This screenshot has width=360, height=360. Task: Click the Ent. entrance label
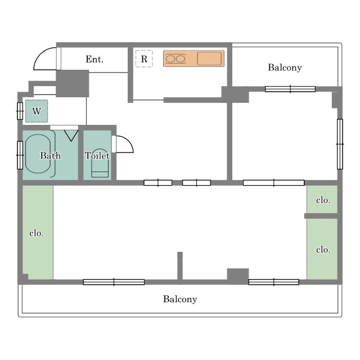[x=94, y=59]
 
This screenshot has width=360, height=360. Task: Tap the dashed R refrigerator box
[x=144, y=58]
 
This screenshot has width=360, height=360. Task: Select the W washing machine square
[x=37, y=111]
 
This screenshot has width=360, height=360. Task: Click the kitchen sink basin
[x=209, y=58]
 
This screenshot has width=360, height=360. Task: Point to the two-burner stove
[x=175, y=58]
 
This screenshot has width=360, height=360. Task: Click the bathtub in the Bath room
[x=38, y=154]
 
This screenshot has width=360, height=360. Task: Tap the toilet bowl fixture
[x=100, y=163]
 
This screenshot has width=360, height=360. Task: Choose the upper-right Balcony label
[x=285, y=67]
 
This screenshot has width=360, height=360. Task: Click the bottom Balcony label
[x=180, y=299]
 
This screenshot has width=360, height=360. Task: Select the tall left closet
[x=38, y=232]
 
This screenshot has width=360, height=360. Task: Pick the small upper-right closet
[x=322, y=199]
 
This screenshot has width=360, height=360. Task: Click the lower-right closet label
[x=323, y=250]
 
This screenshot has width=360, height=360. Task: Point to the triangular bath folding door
[x=71, y=136]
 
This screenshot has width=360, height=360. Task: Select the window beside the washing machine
[x=20, y=111]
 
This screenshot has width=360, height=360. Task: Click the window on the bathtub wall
[x=20, y=155]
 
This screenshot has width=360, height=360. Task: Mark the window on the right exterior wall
[x=340, y=144]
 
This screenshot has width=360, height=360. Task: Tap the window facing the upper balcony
[x=290, y=89]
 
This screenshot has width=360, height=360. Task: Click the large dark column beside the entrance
[x=73, y=83]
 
